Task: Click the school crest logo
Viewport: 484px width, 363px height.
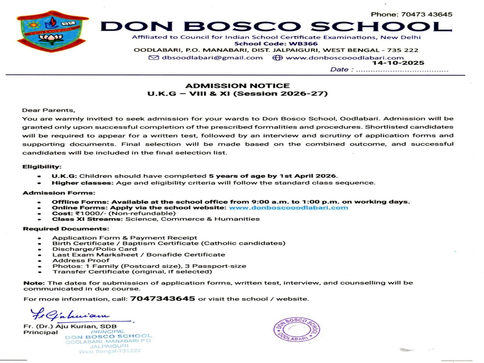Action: (52, 31)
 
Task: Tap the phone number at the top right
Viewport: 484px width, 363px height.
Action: (411, 14)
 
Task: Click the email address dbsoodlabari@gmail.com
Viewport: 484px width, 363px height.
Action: (212, 58)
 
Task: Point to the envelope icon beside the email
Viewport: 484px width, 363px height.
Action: (154, 58)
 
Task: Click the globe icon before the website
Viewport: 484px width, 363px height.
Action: (277, 58)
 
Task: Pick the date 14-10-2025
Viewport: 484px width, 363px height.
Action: (398, 63)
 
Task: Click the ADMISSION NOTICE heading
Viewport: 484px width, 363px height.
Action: (237, 86)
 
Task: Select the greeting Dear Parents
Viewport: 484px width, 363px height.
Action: (48, 110)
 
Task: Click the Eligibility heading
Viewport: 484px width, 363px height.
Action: (42, 167)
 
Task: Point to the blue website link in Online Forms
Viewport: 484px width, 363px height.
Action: (288, 208)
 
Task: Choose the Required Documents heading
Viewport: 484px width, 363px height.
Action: (66, 229)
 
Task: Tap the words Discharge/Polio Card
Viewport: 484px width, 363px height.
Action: (94, 249)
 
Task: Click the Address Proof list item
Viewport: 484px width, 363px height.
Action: (81, 260)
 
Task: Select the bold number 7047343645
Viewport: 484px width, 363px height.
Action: (162, 299)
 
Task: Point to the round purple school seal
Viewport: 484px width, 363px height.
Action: (296, 329)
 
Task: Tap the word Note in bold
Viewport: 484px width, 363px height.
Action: (34, 283)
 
